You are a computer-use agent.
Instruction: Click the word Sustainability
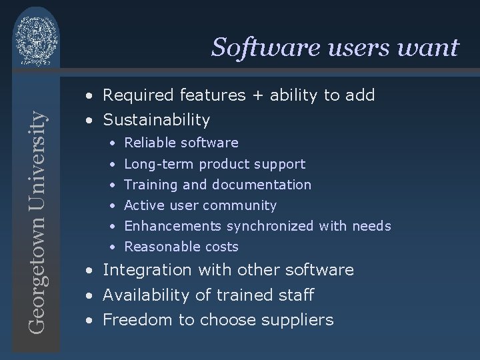click(x=156, y=121)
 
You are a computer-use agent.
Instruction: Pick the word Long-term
click(x=159, y=164)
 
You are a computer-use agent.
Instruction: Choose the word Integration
click(x=147, y=271)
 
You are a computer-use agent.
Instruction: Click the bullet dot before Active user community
click(x=114, y=206)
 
